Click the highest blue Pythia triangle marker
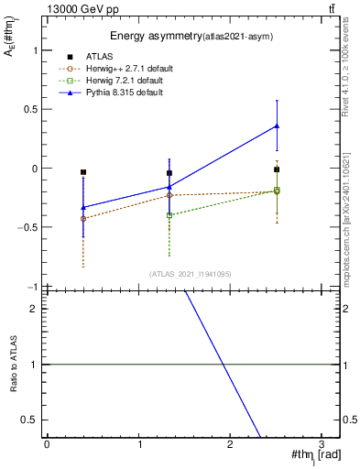coord(277,125)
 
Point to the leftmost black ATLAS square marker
coord(83,172)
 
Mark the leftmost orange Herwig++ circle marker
coord(83,219)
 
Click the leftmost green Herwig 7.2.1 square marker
coord(169,215)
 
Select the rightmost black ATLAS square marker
coord(277,169)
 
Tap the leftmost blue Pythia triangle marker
coord(83,208)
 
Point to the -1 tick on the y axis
coord(35,287)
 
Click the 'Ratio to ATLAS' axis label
coord(13,365)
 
